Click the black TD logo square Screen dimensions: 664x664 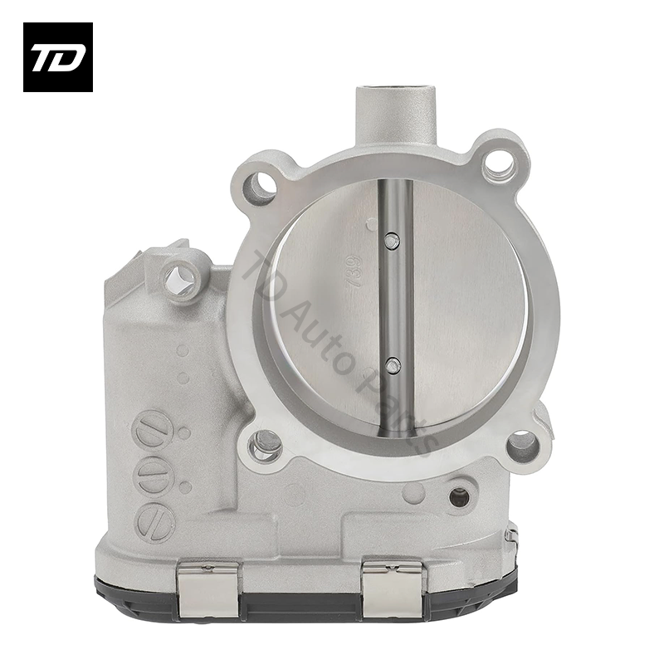(x=57, y=56)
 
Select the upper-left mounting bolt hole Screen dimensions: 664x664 (x=260, y=185)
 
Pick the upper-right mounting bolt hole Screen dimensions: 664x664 (x=499, y=163)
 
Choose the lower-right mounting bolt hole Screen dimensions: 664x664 (x=523, y=446)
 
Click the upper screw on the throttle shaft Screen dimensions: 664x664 (x=393, y=241)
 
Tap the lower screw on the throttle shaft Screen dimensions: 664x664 (x=393, y=364)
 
